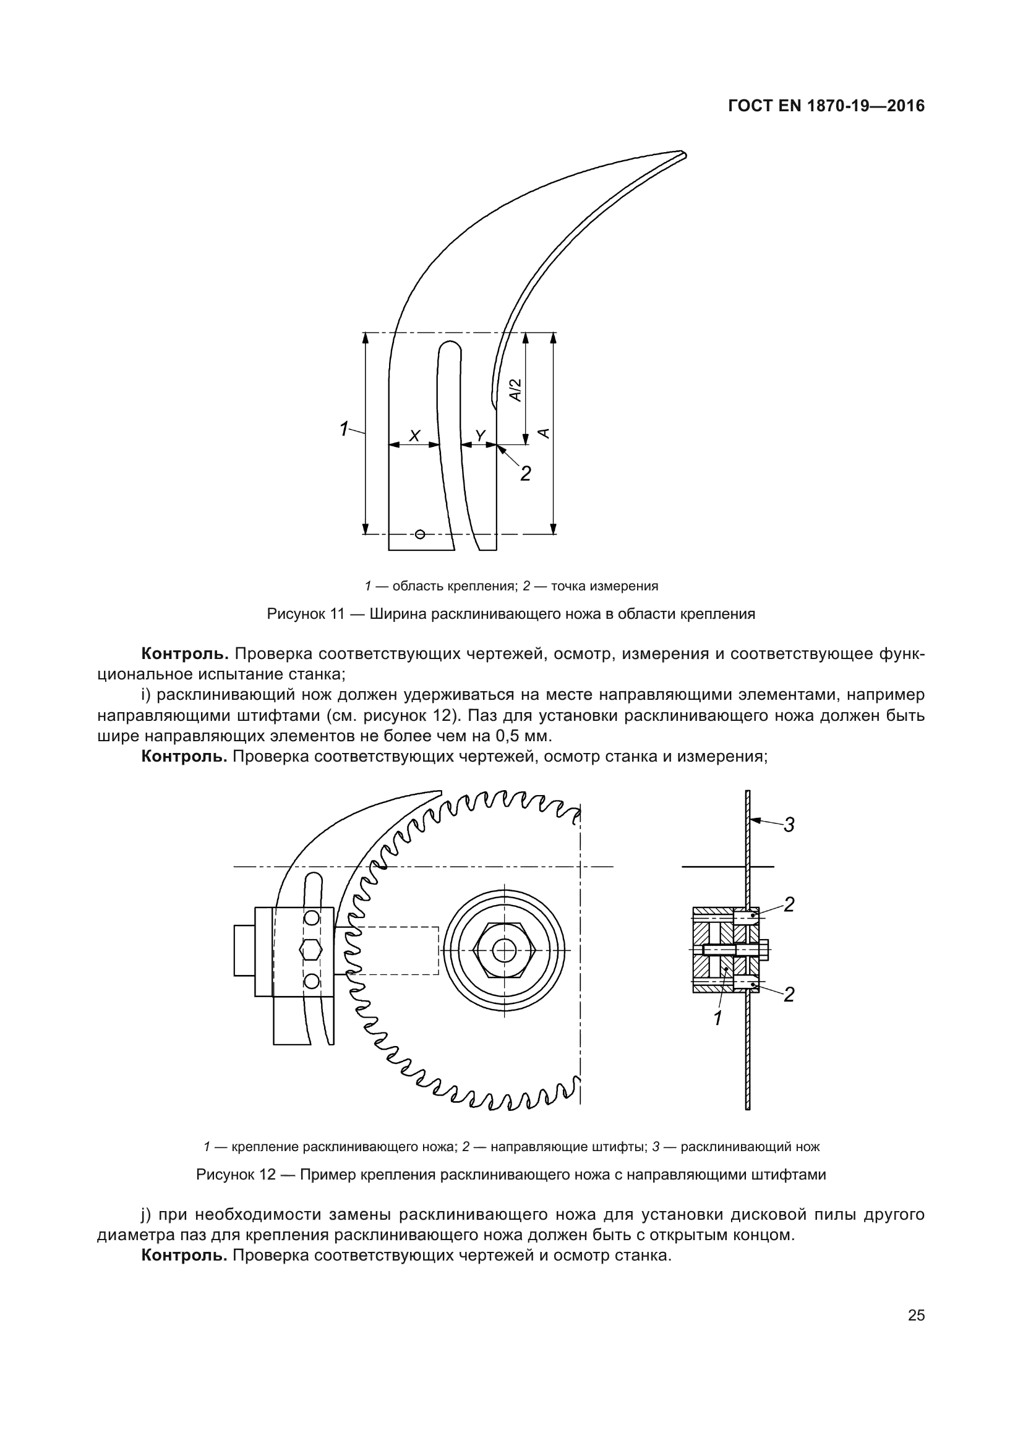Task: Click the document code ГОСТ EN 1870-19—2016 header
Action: coord(826,106)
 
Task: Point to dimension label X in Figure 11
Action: coord(414,435)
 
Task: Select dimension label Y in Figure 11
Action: coord(481,435)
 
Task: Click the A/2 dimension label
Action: coord(516,390)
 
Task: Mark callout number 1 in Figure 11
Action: coord(344,429)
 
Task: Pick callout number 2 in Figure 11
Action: coord(525,473)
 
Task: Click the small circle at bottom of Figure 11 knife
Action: coord(420,535)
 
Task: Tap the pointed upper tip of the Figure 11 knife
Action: coord(683,154)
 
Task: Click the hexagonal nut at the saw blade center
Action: coord(503,950)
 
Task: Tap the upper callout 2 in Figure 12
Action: coord(789,905)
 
